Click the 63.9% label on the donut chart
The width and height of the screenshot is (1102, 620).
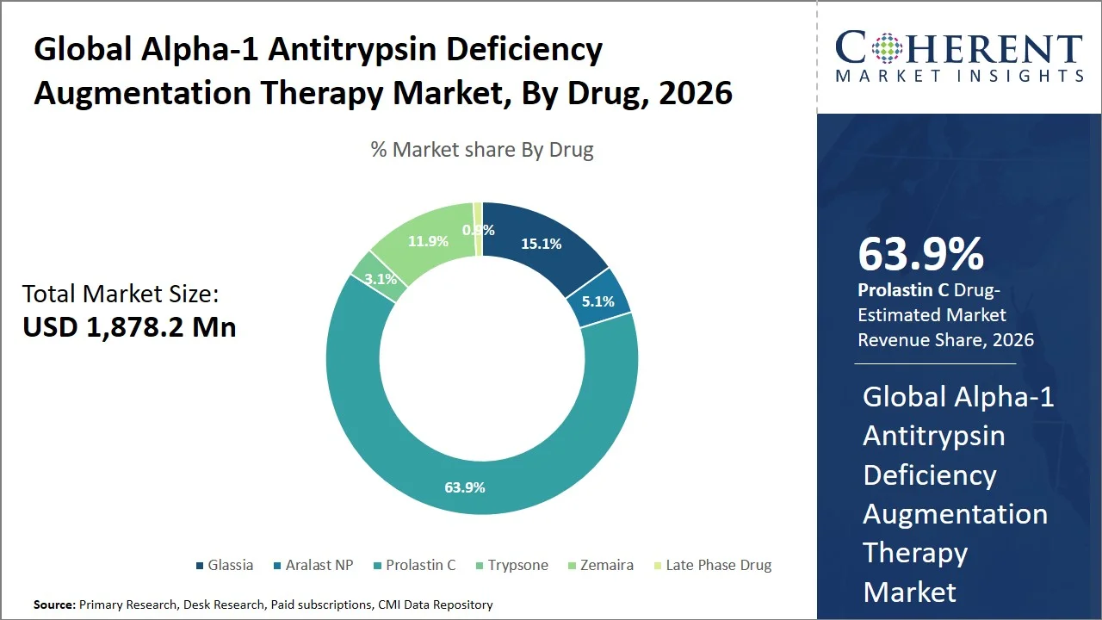(464, 487)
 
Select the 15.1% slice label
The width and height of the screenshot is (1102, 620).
(541, 244)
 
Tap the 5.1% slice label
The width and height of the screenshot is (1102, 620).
(598, 301)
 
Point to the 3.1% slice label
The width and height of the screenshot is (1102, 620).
(381, 279)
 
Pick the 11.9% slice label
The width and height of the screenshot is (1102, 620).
(428, 241)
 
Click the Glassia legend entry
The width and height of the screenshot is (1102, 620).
(224, 565)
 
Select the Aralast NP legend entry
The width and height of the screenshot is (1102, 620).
(313, 565)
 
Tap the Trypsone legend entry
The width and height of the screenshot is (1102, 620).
(511, 565)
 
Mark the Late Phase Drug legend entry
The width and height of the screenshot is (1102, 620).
(711, 565)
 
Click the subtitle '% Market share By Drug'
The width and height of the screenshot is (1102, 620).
(482, 150)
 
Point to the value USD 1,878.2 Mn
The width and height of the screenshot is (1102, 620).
(129, 327)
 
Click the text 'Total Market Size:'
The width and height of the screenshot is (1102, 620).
(121, 294)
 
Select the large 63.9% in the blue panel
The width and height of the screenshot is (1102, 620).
(920, 255)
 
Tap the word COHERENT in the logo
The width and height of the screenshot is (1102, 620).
(959, 49)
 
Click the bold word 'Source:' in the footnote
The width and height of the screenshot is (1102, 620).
(54, 604)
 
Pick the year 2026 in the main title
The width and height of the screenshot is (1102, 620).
(695, 92)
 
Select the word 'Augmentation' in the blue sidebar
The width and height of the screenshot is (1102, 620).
(955, 514)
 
